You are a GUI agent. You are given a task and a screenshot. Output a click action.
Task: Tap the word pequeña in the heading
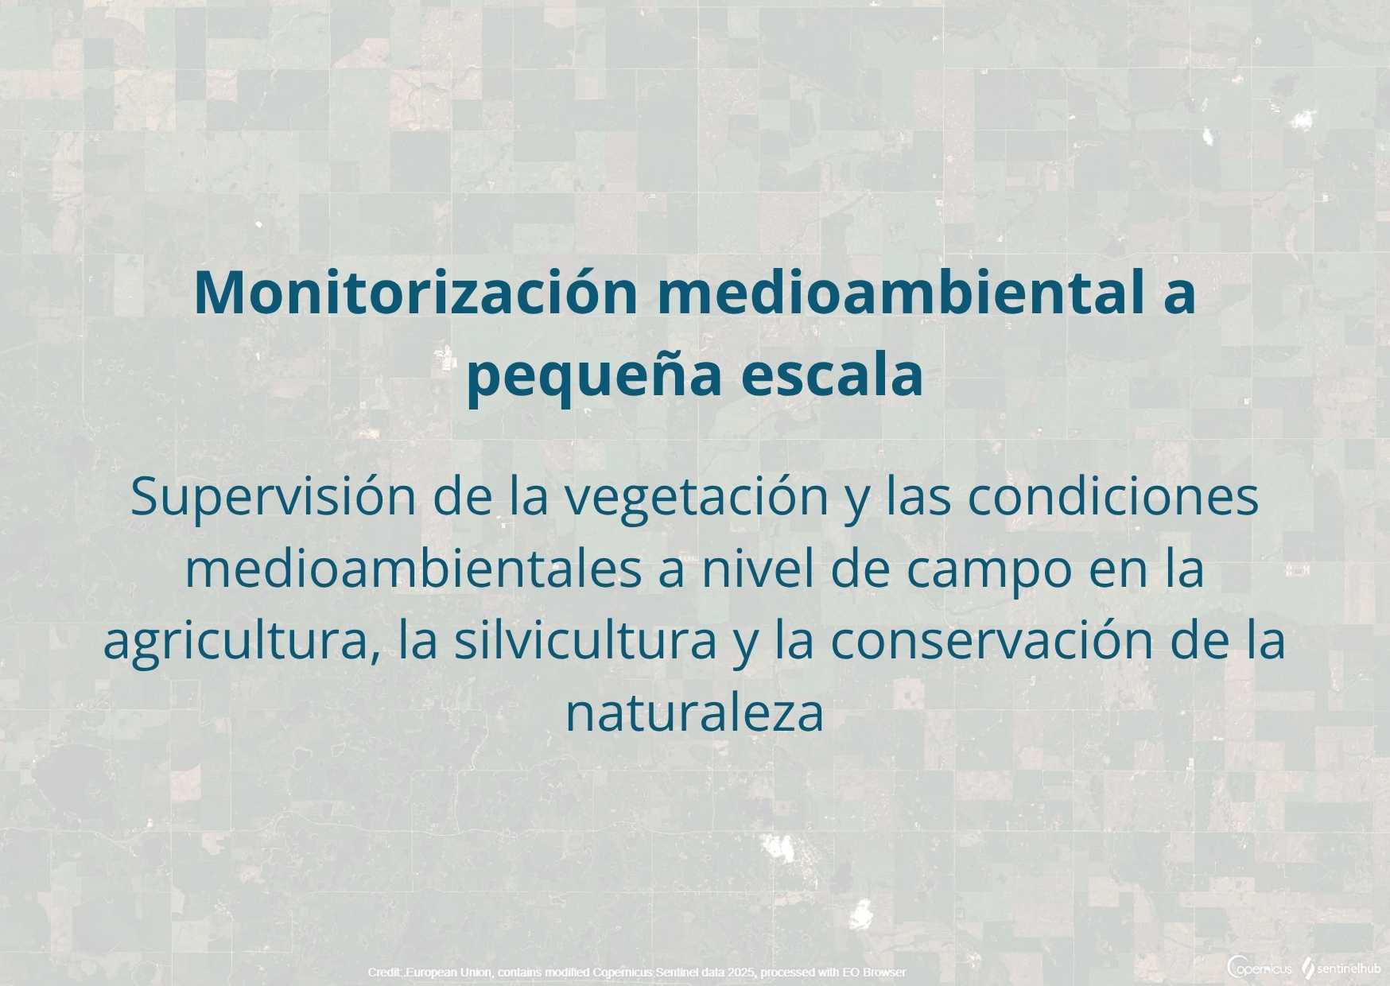click(x=592, y=377)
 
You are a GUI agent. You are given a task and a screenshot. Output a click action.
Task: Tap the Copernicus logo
click(x=1260, y=968)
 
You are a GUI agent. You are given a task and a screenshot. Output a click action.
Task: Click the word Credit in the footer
click(x=384, y=972)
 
